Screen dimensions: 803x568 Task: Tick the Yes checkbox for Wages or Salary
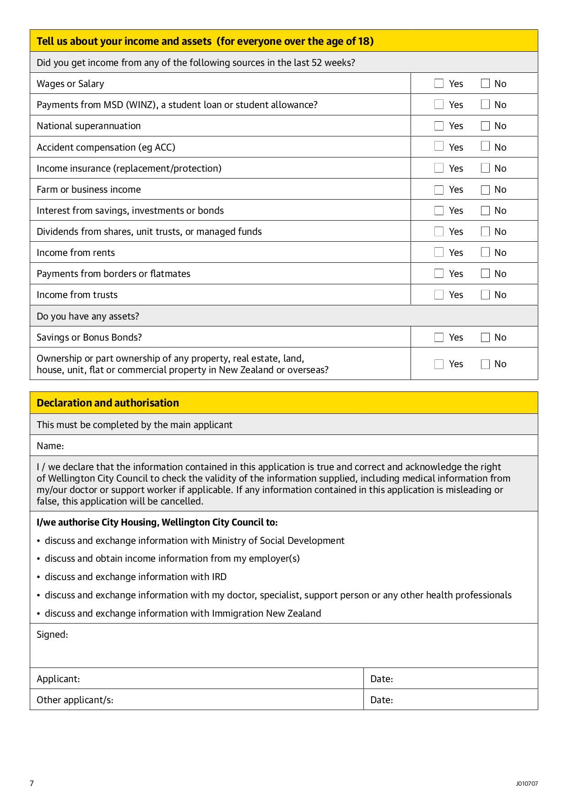click(x=439, y=83)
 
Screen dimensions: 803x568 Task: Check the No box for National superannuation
click(x=486, y=126)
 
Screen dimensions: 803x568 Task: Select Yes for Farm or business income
click(x=439, y=190)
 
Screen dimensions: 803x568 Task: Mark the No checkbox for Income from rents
click(x=486, y=252)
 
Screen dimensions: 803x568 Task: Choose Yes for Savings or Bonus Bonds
click(x=439, y=337)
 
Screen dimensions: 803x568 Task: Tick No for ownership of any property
click(x=486, y=364)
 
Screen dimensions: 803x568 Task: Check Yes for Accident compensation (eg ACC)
click(x=439, y=146)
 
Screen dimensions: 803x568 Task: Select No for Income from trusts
click(x=486, y=295)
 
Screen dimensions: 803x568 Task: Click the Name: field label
click(x=50, y=446)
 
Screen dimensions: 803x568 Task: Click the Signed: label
click(x=52, y=635)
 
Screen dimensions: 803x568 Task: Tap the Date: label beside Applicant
click(x=382, y=679)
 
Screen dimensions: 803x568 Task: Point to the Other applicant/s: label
click(x=75, y=700)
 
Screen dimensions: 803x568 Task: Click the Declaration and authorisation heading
click(x=108, y=403)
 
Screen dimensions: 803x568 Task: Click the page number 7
click(x=32, y=783)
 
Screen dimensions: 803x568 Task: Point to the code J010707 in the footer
click(x=527, y=783)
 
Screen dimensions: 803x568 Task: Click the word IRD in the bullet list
click(x=219, y=577)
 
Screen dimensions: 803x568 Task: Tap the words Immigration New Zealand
click(x=266, y=613)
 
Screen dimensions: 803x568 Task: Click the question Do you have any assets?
click(x=88, y=316)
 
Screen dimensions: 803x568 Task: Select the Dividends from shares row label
click(x=149, y=232)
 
